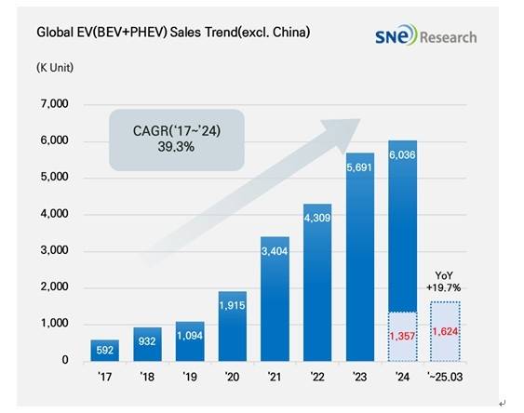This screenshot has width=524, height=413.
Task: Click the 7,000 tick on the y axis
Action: pyautogui.click(x=52, y=105)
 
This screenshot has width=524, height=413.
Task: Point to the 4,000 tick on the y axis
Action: pyautogui.click(x=52, y=215)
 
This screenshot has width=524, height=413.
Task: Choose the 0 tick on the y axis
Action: pyautogui.click(x=65, y=360)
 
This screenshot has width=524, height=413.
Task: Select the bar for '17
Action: pyautogui.click(x=105, y=351)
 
